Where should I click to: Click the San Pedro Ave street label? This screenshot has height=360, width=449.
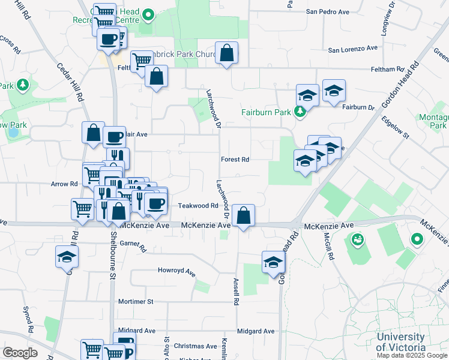pyautogui.click(x=328, y=11)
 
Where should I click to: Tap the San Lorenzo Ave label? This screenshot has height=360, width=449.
pyautogui.click(x=352, y=49)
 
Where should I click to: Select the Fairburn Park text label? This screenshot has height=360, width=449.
pyautogui.click(x=266, y=112)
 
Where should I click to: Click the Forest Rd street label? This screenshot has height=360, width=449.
pyautogui.click(x=235, y=160)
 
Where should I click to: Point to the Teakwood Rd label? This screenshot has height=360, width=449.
pyautogui.click(x=197, y=206)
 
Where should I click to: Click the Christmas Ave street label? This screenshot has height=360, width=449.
pyautogui.click(x=195, y=346)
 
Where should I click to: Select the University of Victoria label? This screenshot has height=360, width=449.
pyautogui.click(x=400, y=342)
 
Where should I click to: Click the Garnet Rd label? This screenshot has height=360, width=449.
pyautogui.click(x=133, y=245)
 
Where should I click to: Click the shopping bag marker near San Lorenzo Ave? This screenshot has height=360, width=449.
pyautogui.click(x=227, y=52)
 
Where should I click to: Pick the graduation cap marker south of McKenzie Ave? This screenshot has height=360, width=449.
pyautogui.click(x=273, y=262)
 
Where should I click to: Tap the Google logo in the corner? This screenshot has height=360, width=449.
pyautogui.click(x=19, y=353)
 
